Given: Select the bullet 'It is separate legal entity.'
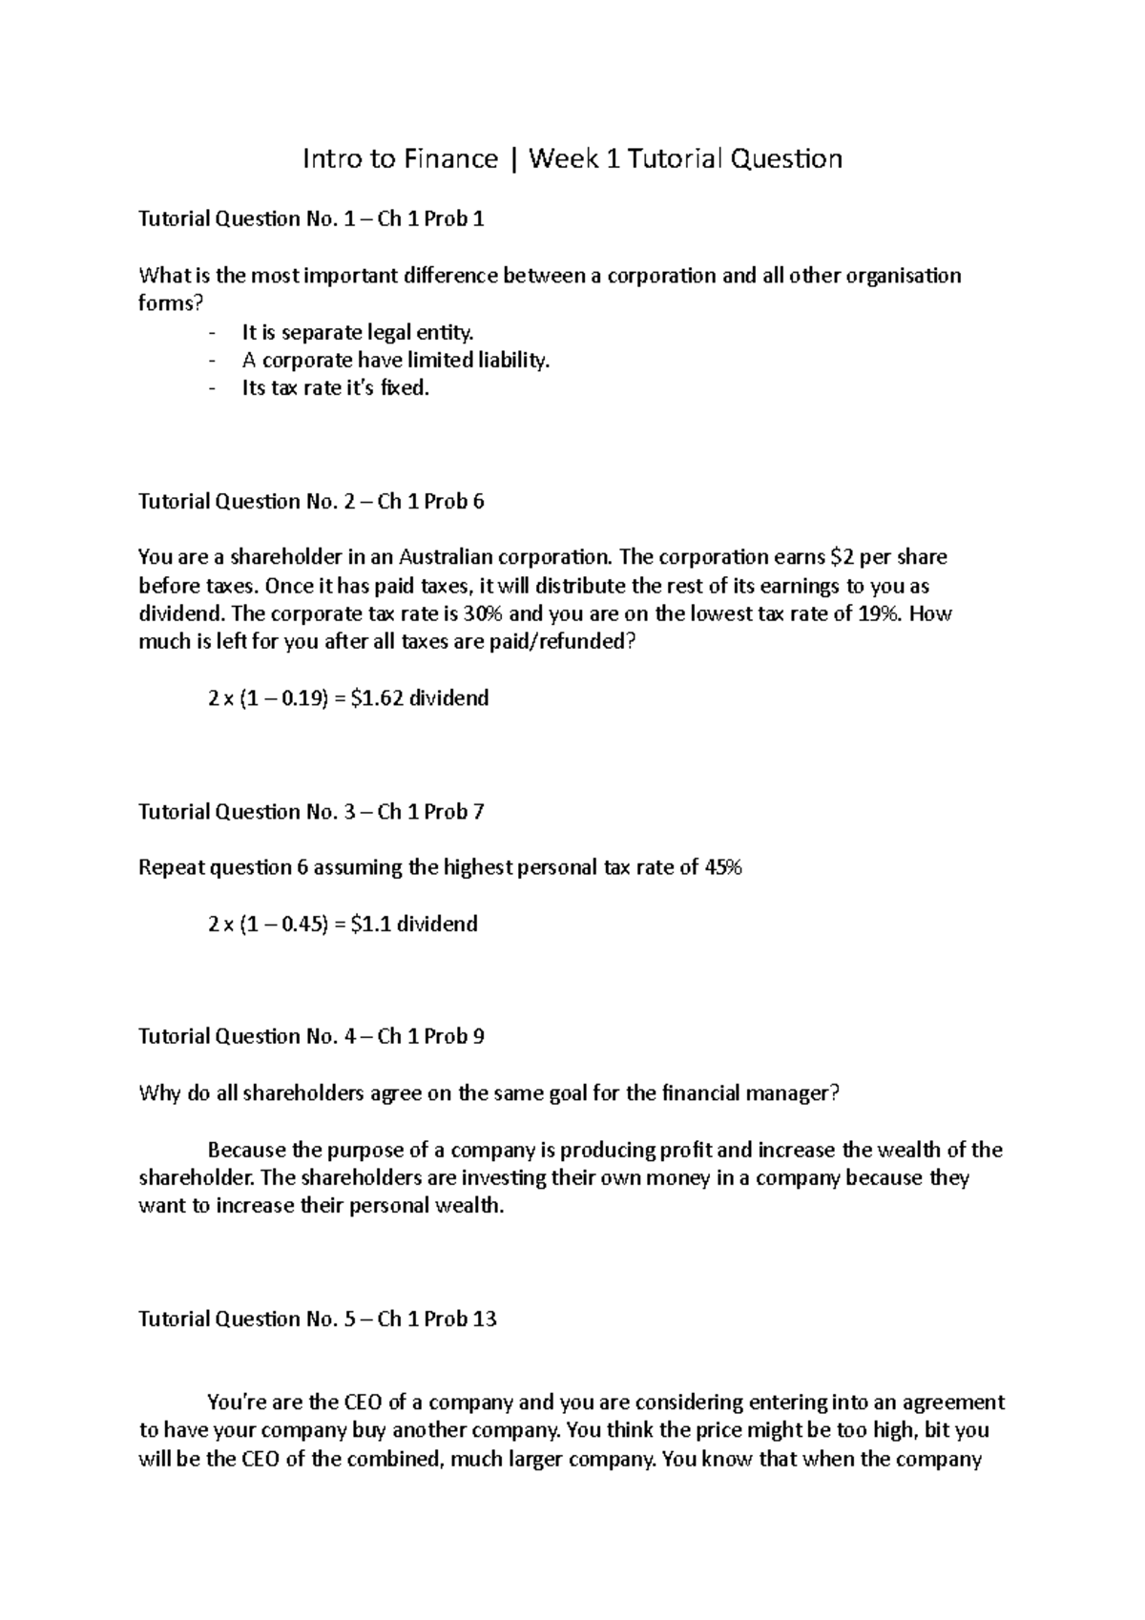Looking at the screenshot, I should (x=357, y=333).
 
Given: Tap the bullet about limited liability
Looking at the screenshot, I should (x=396, y=361).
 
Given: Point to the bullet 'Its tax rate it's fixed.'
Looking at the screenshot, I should (x=336, y=388).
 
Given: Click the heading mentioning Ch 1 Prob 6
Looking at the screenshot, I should (x=311, y=502).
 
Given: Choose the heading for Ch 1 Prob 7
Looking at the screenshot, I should (x=311, y=812).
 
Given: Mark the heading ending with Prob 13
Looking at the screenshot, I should (x=318, y=1319).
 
